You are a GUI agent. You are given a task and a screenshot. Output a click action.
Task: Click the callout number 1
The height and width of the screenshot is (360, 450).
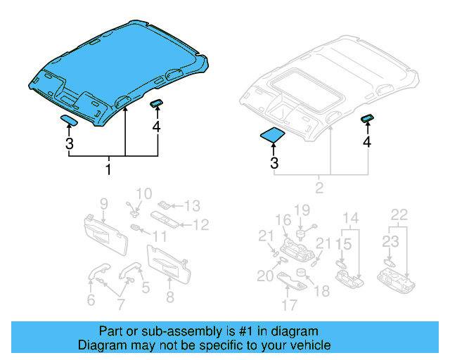(x=108, y=169)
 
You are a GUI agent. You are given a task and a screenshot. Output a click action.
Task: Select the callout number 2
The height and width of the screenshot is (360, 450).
(x=320, y=188)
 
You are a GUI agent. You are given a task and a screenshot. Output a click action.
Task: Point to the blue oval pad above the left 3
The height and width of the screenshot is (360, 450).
(x=70, y=119)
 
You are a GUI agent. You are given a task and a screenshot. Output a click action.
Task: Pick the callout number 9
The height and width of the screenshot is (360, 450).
(x=103, y=204)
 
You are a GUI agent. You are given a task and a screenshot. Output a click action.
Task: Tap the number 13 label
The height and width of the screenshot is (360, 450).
(x=192, y=205)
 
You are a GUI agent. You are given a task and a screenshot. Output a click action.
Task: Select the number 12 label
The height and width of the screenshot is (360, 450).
(x=201, y=225)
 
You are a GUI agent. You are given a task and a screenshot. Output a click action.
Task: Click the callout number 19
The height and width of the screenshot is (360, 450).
(x=302, y=210)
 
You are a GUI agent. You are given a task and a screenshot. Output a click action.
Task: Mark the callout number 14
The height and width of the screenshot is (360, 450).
(x=350, y=217)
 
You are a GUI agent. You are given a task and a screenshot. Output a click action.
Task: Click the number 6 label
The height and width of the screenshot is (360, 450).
(x=91, y=301)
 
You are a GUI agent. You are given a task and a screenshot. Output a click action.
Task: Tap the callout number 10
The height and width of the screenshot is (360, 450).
(x=143, y=193)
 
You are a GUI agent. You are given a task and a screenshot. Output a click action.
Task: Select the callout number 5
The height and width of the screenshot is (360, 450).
(x=146, y=287)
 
